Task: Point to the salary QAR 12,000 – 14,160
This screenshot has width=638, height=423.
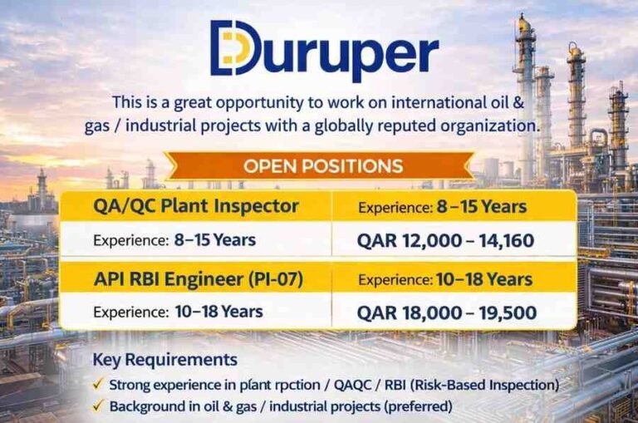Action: tap(445, 241)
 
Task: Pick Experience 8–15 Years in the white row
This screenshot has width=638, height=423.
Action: tap(174, 241)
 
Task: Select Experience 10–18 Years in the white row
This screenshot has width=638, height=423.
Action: tap(178, 312)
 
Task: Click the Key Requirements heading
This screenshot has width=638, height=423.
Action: tap(164, 360)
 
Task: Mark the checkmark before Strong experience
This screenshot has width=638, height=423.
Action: tap(98, 385)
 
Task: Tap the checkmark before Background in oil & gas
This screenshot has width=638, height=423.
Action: tap(98, 406)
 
